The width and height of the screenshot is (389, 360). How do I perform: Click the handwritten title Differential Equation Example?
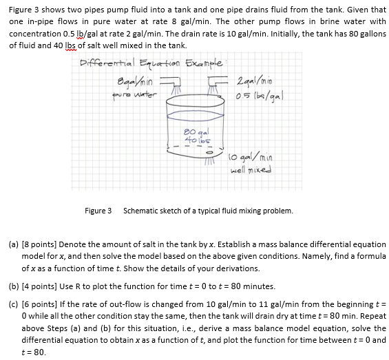coord(149,61)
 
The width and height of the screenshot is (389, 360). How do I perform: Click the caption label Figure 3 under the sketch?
coord(98,210)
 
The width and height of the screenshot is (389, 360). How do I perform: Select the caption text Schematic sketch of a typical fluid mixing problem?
coord(208,210)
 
